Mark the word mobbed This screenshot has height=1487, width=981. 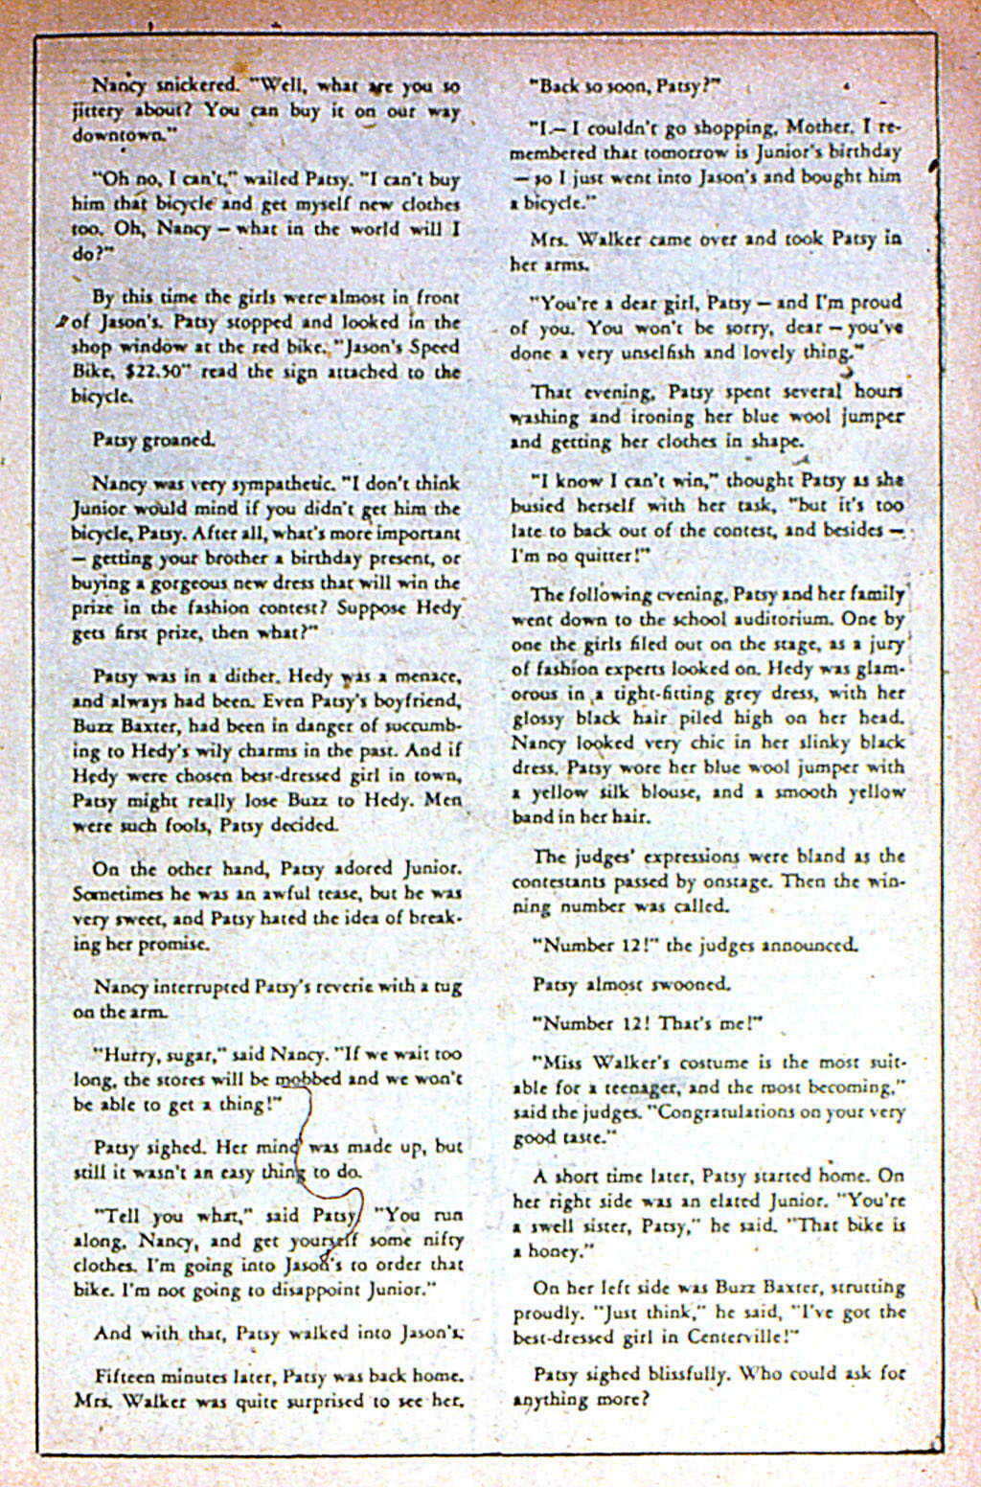(x=308, y=1078)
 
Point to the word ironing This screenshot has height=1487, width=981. (x=637, y=417)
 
